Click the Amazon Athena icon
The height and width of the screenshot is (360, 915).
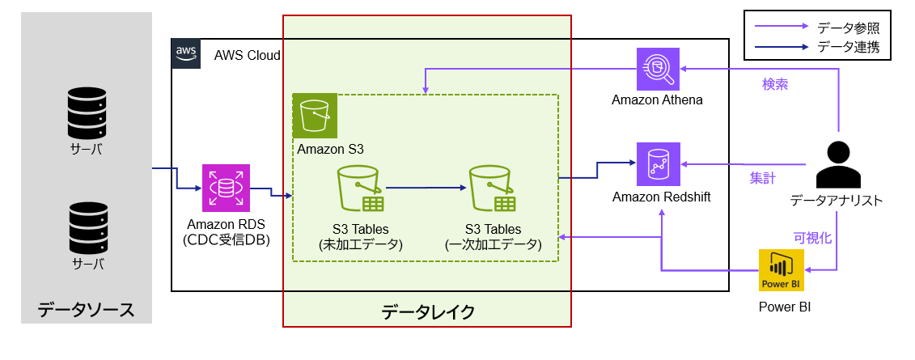click(x=658, y=70)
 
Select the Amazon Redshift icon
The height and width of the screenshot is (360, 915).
click(x=658, y=164)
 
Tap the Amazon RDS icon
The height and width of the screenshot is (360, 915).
click(x=226, y=188)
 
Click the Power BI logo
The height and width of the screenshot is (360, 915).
click(x=781, y=269)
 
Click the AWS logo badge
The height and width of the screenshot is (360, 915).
click(x=186, y=53)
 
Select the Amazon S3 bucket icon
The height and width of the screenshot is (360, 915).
click(x=315, y=116)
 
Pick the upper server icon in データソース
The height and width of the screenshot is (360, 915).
click(x=87, y=114)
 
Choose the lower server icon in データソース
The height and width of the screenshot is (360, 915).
click(x=87, y=229)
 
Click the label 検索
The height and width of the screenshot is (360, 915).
click(x=775, y=84)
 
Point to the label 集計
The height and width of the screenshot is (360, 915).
click(x=762, y=178)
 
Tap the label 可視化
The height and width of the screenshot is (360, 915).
click(x=812, y=238)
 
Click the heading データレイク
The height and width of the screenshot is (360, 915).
click(x=427, y=311)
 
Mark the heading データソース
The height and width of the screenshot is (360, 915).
click(x=86, y=309)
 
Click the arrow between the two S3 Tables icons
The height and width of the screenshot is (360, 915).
click(x=426, y=188)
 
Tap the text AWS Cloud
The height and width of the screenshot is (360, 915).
click(x=247, y=56)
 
